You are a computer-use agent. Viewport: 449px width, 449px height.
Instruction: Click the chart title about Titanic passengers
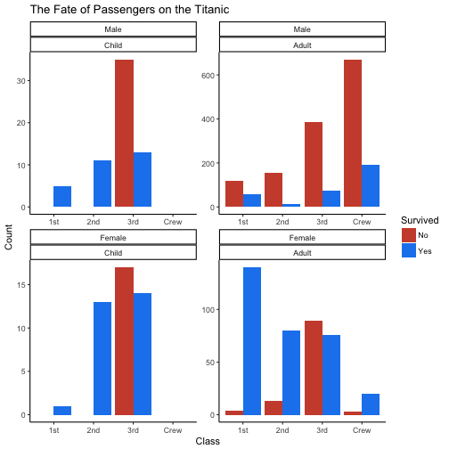[x=129, y=10]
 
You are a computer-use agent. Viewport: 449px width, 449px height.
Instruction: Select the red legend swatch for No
[x=409, y=234]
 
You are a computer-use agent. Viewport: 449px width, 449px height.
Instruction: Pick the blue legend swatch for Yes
[x=409, y=250]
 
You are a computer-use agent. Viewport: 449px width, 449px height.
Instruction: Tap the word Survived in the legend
[x=418, y=219]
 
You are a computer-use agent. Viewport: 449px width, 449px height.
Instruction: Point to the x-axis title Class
[x=208, y=440]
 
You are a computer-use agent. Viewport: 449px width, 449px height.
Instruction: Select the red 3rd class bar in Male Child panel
[x=124, y=134]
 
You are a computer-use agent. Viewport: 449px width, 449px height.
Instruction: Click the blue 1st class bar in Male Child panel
[x=62, y=196]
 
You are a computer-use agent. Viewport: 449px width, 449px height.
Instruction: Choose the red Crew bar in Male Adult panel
[x=352, y=134]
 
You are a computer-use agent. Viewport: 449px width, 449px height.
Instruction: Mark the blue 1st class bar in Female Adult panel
[x=252, y=341]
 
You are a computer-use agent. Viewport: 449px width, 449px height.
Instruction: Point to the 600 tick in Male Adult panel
[x=210, y=75]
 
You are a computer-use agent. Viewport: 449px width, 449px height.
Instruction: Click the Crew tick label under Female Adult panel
[x=362, y=429]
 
